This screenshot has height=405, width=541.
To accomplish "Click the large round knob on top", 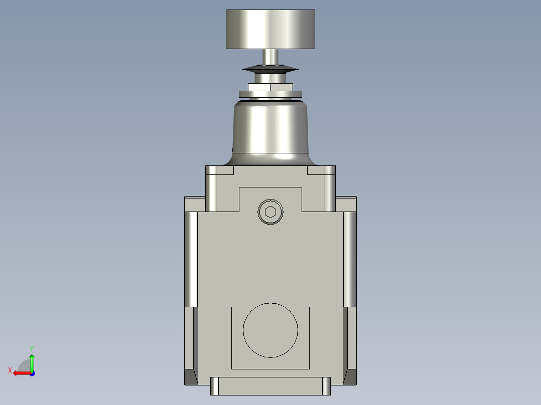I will tap(270, 30).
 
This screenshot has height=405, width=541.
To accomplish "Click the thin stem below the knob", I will tap(270, 57).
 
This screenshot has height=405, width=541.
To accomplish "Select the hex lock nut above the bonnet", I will tap(270, 87).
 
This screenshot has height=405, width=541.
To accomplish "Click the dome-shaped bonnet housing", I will tap(270, 130).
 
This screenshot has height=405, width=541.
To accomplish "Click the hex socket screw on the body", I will tap(270, 212).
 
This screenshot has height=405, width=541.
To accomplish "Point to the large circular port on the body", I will tap(270, 330).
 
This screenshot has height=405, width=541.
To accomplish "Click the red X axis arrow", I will tap(20, 373).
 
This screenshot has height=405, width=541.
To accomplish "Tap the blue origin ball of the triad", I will tap(32, 373).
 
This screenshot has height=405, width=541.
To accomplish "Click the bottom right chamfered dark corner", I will tap(350, 377).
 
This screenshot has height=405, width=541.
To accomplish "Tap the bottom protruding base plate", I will tap(270, 386).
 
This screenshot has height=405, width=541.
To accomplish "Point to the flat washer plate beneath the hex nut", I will tap(270, 94).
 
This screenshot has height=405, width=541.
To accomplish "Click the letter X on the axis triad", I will tap(10, 370).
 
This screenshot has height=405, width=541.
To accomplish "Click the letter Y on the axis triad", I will tap(31, 348).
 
